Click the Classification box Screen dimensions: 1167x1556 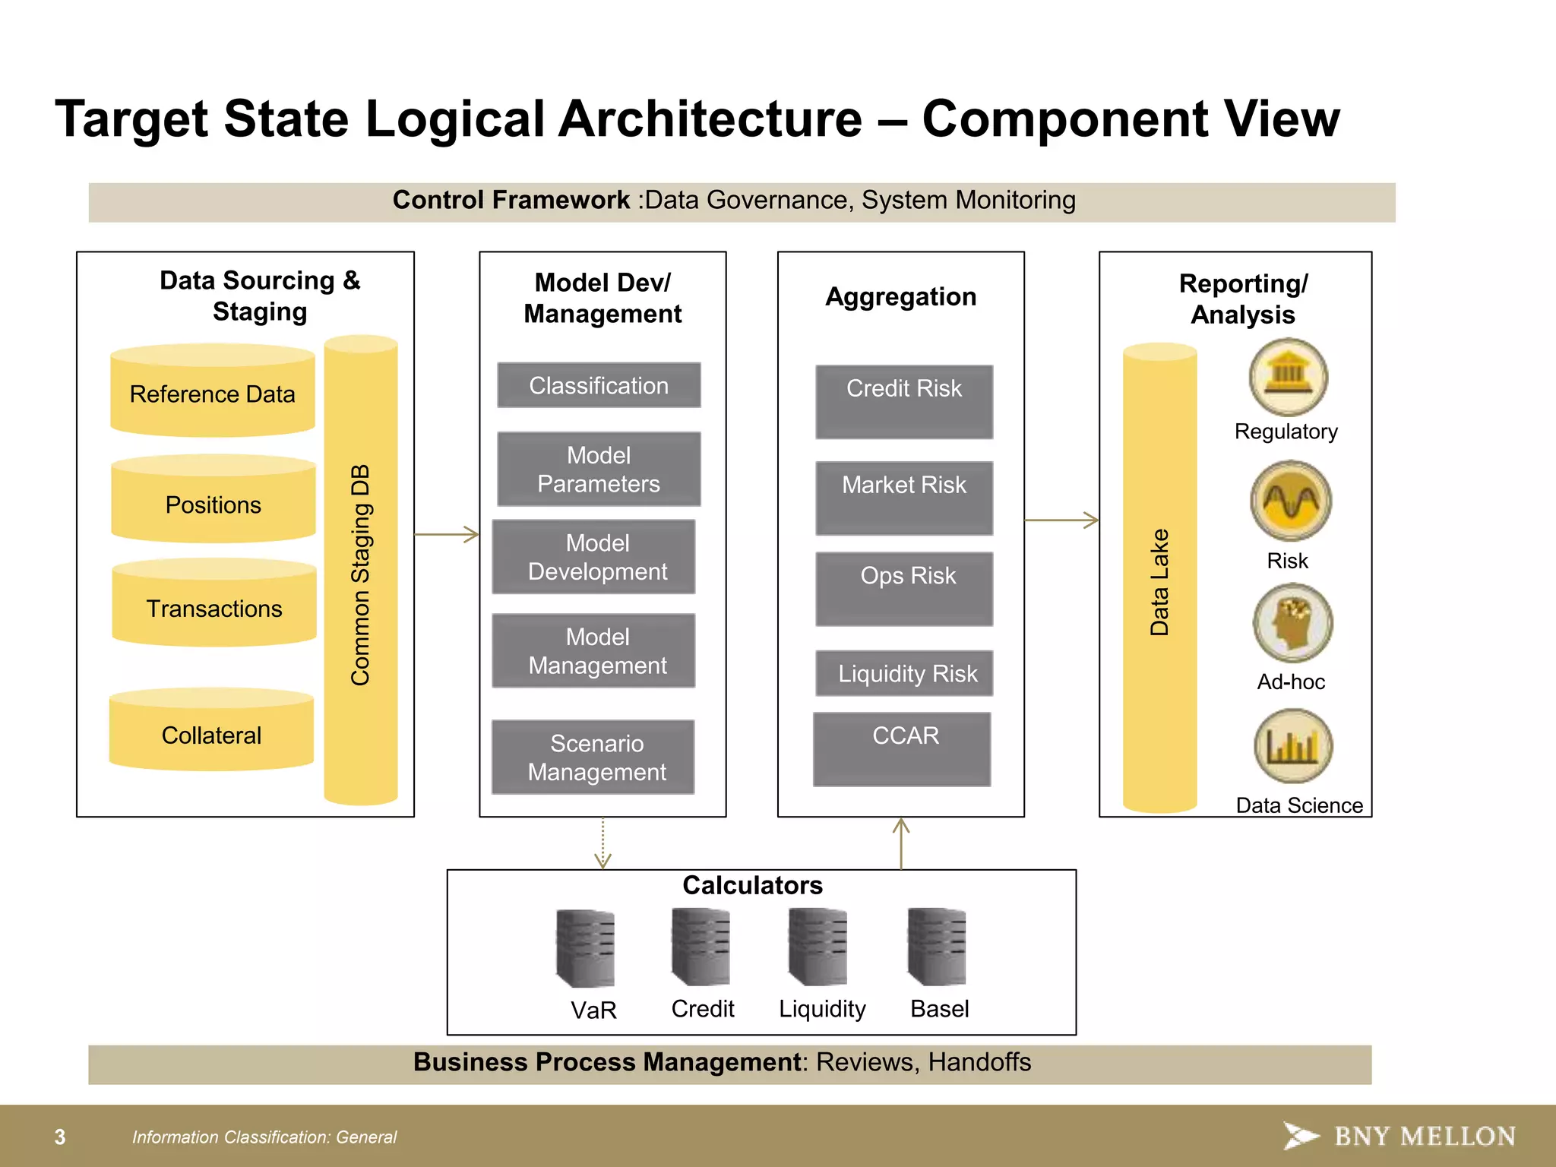(599, 385)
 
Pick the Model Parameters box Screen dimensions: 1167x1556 (599, 469)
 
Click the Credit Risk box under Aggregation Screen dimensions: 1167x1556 (904, 402)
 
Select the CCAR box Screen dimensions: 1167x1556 (902, 748)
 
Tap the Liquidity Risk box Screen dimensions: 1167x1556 (904, 673)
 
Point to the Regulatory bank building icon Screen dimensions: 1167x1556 (1288, 377)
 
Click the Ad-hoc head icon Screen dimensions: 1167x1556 (1292, 623)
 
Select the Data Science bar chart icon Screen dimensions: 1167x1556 (1293, 746)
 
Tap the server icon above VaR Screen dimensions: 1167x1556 (585, 948)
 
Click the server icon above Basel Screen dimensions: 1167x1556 (937, 947)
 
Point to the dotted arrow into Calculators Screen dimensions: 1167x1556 (602, 843)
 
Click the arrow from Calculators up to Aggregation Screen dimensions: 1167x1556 (901, 843)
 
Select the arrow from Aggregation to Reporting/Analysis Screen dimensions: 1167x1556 (1061, 520)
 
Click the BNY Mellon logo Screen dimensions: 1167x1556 (1399, 1136)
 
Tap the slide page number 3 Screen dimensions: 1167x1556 (60, 1137)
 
